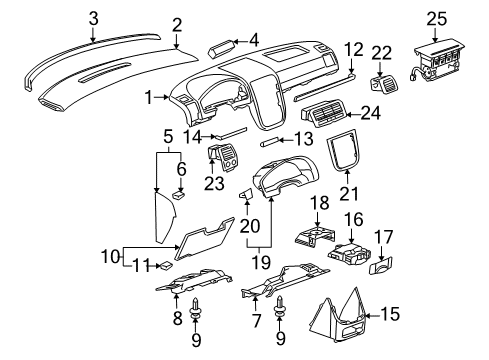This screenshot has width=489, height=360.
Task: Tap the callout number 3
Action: coord(93,17)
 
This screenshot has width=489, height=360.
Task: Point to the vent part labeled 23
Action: coord(222,158)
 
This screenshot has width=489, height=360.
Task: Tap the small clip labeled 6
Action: coord(176,197)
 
